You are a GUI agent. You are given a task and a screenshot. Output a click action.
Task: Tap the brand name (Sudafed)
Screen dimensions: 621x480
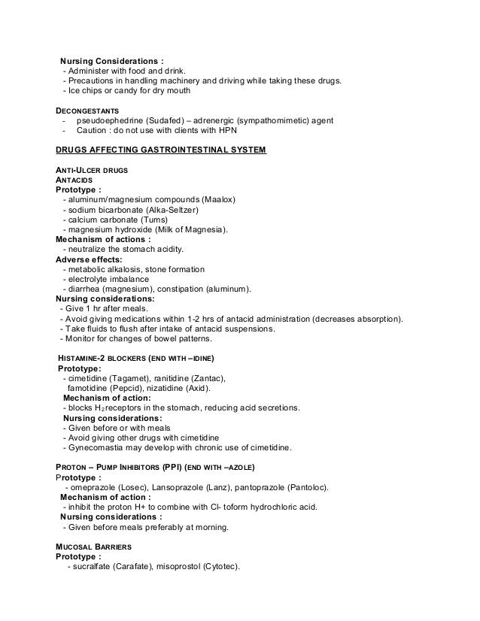[172, 120]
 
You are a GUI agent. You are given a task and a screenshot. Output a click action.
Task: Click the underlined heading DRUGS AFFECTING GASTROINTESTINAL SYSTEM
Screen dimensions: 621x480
[161, 150]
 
